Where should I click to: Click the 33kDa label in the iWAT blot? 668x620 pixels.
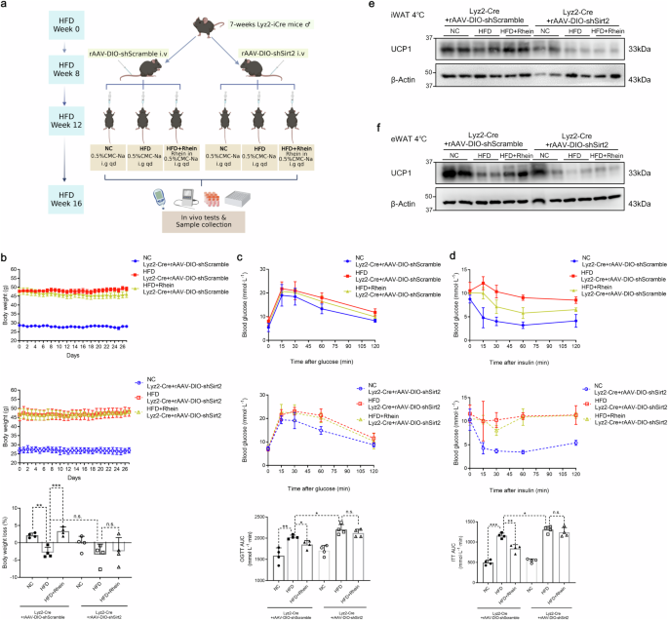pyautogui.click(x=641, y=50)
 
